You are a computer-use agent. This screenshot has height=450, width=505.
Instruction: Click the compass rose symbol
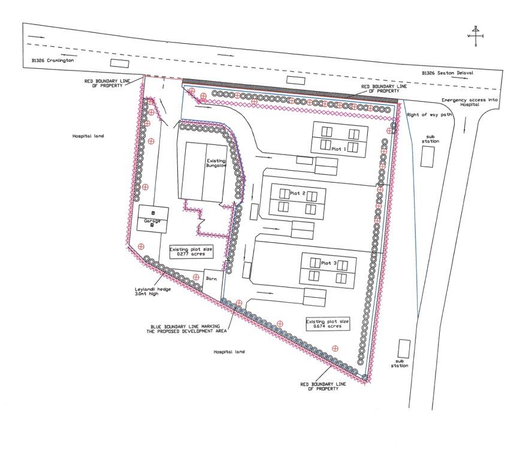click(x=476, y=36)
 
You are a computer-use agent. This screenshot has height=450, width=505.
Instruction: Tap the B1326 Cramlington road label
click(x=53, y=61)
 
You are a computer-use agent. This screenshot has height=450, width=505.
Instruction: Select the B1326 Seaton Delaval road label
click(x=447, y=73)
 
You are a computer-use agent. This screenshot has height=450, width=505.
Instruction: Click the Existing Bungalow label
click(x=216, y=163)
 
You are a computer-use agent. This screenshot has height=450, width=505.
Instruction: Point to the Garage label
click(x=152, y=221)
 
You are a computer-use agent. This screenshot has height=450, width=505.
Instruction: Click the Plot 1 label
click(x=339, y=149)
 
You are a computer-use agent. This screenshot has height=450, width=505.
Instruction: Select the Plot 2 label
click(x=298, y=194)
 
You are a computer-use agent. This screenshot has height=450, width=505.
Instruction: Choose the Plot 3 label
click(x=329, y=263)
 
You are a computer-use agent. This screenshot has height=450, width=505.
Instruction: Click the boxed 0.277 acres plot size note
click(x=191, y=252)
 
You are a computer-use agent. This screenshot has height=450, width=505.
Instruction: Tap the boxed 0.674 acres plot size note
click(x=328, y=324)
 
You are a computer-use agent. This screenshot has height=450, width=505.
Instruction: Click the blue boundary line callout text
click(x=186, y=329)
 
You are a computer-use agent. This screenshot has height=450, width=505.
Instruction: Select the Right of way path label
click(x=430, y=114)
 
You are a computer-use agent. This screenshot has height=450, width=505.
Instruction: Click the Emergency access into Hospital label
click(x=470, y=102)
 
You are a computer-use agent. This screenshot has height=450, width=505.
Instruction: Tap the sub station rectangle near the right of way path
click(x=427, y=157)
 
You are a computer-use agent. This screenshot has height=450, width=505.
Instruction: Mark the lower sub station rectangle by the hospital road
click(x=404, y=349)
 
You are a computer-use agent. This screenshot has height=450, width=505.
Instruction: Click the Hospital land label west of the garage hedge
click(x=88, y=136)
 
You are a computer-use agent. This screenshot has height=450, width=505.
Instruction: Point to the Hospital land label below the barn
click(x=229, y=352)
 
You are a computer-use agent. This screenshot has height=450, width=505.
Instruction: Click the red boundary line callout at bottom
click(x=323, y=386)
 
